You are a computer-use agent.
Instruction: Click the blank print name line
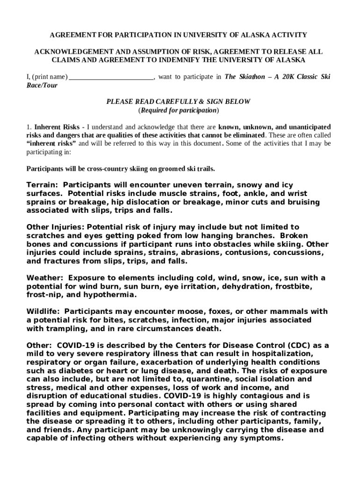(111, 77)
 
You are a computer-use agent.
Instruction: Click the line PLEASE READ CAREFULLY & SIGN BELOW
(179, 102)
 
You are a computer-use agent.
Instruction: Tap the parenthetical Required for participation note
(179, 111)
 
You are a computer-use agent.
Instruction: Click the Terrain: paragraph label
(43, 185)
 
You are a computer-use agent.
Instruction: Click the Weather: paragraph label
(44, 278)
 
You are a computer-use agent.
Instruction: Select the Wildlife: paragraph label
(43, 312)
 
